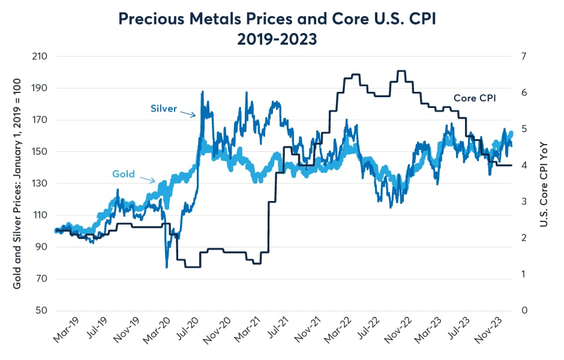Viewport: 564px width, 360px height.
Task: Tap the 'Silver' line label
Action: pyautogui.click(x=164, y=109)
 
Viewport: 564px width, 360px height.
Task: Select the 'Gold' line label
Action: pyautogui.click(x=124, y=175)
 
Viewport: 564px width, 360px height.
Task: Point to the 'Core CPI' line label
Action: pyautogui.click(x=475, y=98)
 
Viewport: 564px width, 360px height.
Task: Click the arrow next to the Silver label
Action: pyautogui.click(x=188, y=113)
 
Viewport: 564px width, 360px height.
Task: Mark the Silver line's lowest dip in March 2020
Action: pyautogui.click(x=166, y=266)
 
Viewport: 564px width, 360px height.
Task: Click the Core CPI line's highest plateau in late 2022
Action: pyautogui.click(x=401, y=71)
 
